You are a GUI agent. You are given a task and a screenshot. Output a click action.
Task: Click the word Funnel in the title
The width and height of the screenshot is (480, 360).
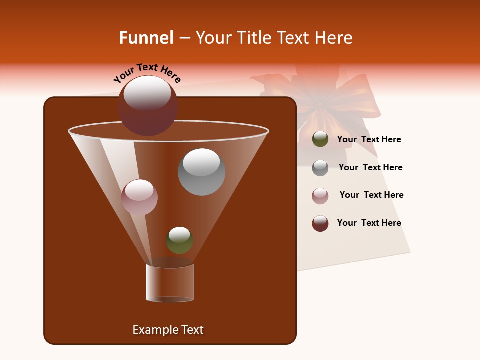pos(146,38)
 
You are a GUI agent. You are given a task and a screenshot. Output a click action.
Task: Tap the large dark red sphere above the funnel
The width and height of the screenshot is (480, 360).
pos(148,106)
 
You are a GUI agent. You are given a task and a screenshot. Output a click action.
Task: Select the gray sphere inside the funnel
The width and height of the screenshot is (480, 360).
pos(201,172)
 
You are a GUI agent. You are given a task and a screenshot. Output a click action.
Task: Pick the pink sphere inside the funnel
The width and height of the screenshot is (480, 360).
pos(139,197)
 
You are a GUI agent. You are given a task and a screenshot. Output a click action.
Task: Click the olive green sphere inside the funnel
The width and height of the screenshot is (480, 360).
pos(179,240)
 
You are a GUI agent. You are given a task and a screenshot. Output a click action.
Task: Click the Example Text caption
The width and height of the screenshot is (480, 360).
pos(168,330)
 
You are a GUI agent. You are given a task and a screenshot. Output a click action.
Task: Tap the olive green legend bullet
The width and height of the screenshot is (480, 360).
pos(320,139)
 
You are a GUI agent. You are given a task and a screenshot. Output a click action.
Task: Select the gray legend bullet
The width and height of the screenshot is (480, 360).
pos(320,168)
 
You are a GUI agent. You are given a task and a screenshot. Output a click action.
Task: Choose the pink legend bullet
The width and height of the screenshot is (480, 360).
pos(320,196)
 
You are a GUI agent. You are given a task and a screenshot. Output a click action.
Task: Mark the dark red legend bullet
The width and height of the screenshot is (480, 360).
pos(320,223)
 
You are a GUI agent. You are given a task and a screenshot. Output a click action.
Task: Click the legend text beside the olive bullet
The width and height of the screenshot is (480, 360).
pos(369,140)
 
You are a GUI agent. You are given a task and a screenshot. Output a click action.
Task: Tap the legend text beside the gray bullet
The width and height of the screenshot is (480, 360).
pos(370,168)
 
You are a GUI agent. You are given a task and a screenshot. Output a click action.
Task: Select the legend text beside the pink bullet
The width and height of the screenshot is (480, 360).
pos(371,195)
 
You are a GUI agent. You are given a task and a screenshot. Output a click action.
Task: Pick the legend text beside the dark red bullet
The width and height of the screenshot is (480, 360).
pos(369,223)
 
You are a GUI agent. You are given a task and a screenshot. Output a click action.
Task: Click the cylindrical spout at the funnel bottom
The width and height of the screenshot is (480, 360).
pos(170,283)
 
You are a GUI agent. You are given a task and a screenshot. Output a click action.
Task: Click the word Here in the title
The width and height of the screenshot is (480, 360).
pos(334,38)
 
